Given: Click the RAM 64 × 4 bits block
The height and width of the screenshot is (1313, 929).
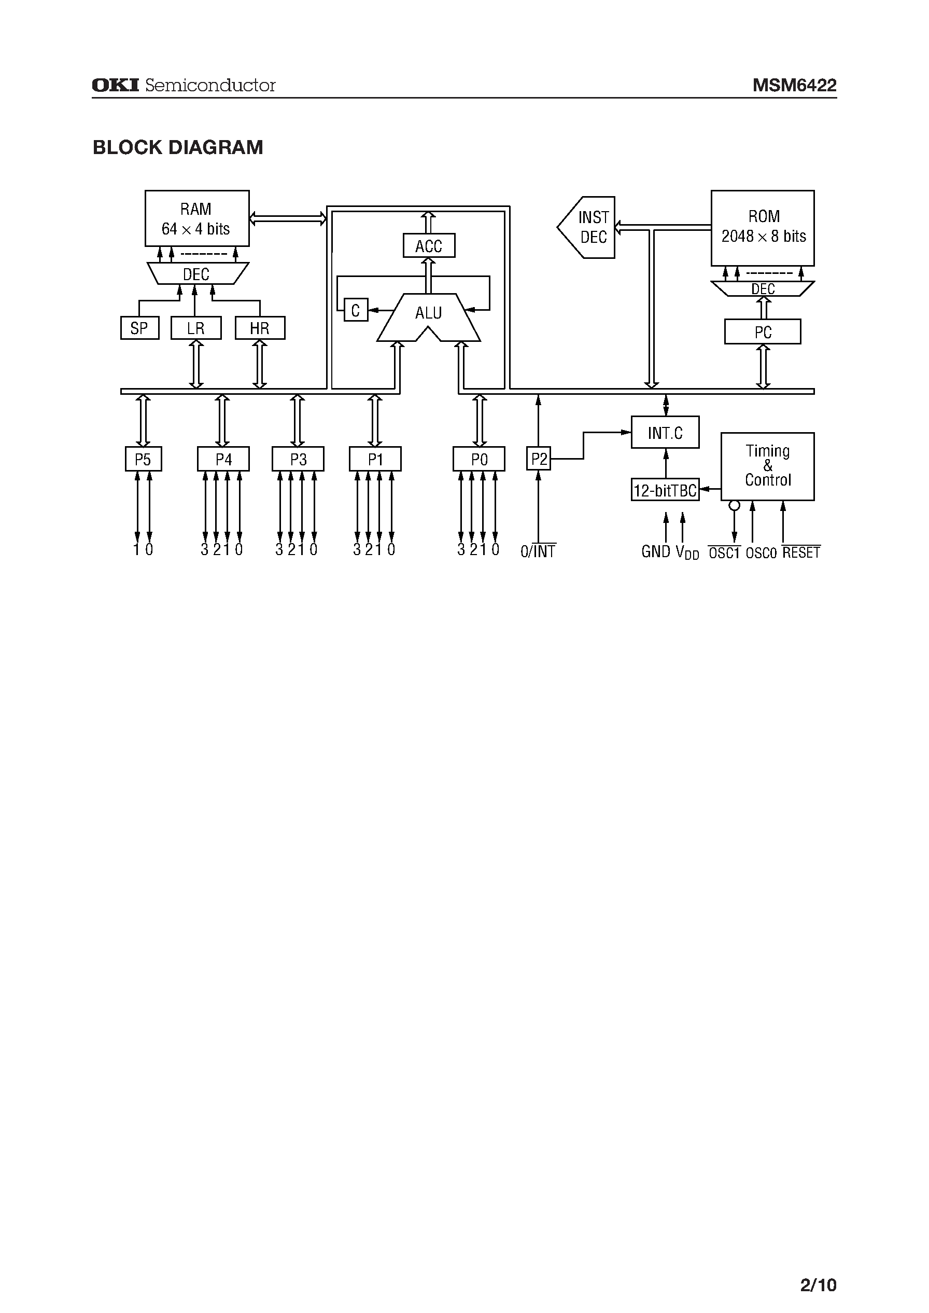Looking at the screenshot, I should [x=197, y=218].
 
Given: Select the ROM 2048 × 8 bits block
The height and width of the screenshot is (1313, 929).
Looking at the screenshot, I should [x=763, y=228].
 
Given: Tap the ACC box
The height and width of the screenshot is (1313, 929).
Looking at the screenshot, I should [x=428, y=246].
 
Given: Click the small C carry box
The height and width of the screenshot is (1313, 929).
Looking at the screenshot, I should [x=355, y=310].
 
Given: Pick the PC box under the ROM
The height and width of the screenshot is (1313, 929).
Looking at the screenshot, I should [x=763, y=332].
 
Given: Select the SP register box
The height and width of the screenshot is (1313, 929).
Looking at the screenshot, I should [x=139, y=328].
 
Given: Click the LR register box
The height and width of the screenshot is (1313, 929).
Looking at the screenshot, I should [x=195, y=328].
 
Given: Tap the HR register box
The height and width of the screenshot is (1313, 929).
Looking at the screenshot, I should [x=260, y=328].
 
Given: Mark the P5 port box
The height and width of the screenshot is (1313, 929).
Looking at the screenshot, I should [x=143, y=459].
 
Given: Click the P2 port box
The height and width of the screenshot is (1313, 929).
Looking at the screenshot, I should [x=538, y=459].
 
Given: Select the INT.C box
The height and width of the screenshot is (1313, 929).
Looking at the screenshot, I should [x=665, y=433].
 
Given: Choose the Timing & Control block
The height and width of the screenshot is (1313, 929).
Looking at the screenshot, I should [x=767, y=466].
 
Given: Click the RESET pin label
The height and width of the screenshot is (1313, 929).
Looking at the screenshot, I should [x=801, y=552].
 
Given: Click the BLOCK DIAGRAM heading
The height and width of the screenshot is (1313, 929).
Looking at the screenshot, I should [x=178, y=148].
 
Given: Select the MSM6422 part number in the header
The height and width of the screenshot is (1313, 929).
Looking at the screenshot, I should [x=794, y=85].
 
